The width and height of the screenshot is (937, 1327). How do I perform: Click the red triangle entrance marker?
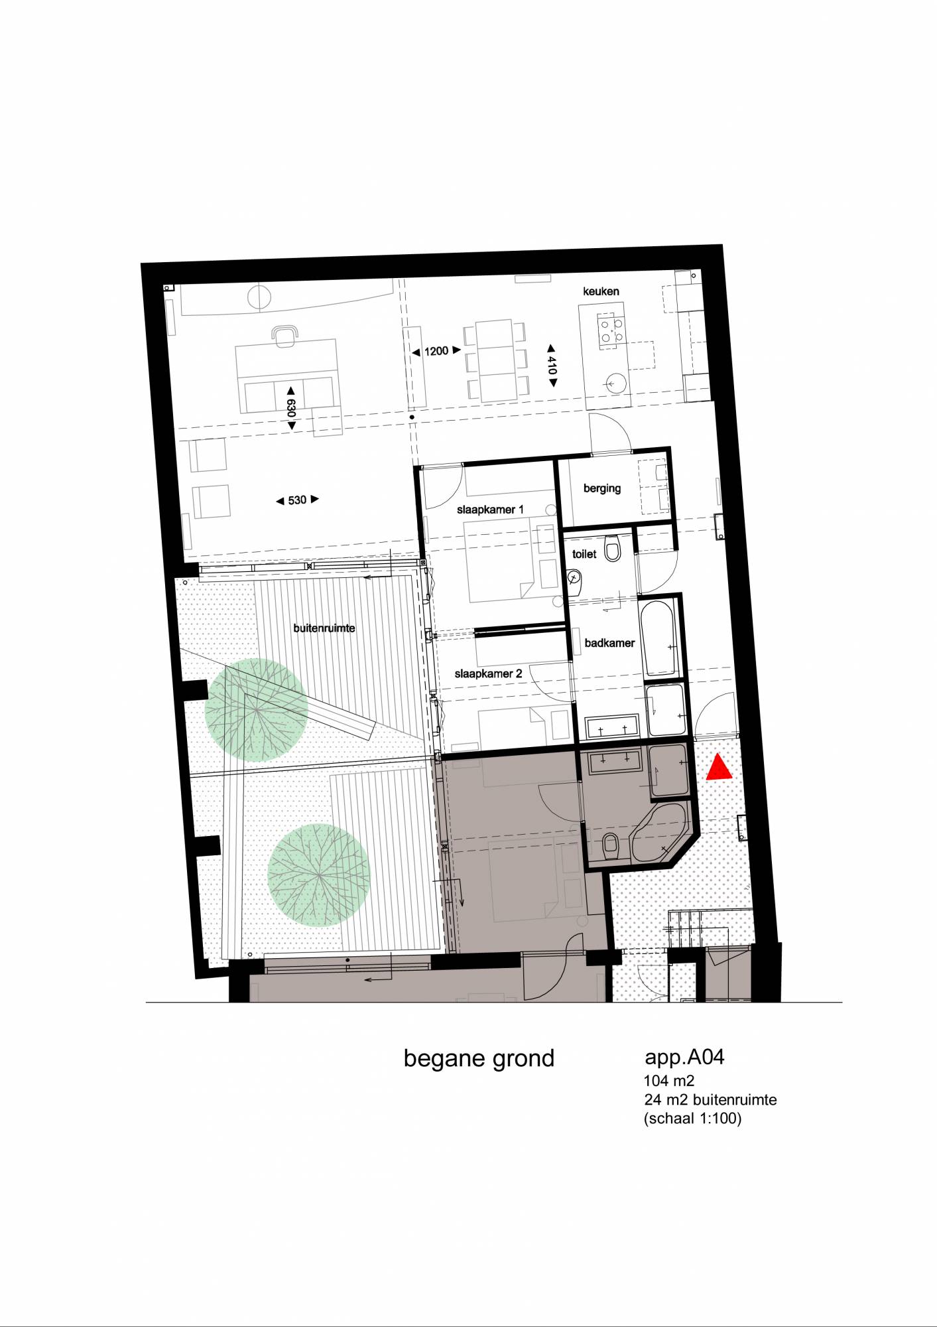click(x=719, y=768)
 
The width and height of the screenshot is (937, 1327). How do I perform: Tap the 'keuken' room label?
click(x=601, y=291)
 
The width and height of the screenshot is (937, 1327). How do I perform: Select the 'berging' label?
click(x=602, y=488)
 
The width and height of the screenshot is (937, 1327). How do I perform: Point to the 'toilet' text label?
click(x=584, y=554)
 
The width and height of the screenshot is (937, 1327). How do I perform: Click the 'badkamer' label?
click(x=609, y=643)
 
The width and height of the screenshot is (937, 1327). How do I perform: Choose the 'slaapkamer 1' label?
click(x=490, y=510)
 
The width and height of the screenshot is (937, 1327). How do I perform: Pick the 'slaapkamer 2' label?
click(x=488, y=673)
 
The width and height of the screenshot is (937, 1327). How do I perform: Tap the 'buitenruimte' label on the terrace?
click(x=324, y=628)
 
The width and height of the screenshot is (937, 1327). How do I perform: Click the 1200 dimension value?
click(x=436, y=351)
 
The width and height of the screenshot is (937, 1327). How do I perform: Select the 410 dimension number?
click(x=552, y=366)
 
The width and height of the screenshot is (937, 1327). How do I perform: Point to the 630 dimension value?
click(x=291, y=408)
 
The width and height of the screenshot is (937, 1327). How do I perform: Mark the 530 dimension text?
click(x=297, y=500)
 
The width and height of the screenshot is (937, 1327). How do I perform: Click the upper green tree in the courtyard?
click(x=257, y=710)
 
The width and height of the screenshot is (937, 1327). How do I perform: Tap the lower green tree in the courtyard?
click(x=319, y=875)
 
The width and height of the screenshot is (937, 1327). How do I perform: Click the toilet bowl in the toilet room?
click(x=613, y=550)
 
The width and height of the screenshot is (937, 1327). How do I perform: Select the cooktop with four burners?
click(x=611, y=330)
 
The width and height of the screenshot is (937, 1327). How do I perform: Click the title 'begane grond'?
click(x=479, y=1059)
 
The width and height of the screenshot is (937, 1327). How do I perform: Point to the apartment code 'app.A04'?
click(x=684, y=1058)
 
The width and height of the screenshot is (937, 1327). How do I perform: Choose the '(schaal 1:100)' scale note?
click(x=692, y=1119)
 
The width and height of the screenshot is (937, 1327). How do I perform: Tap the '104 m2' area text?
click(x=669, y=1081)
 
